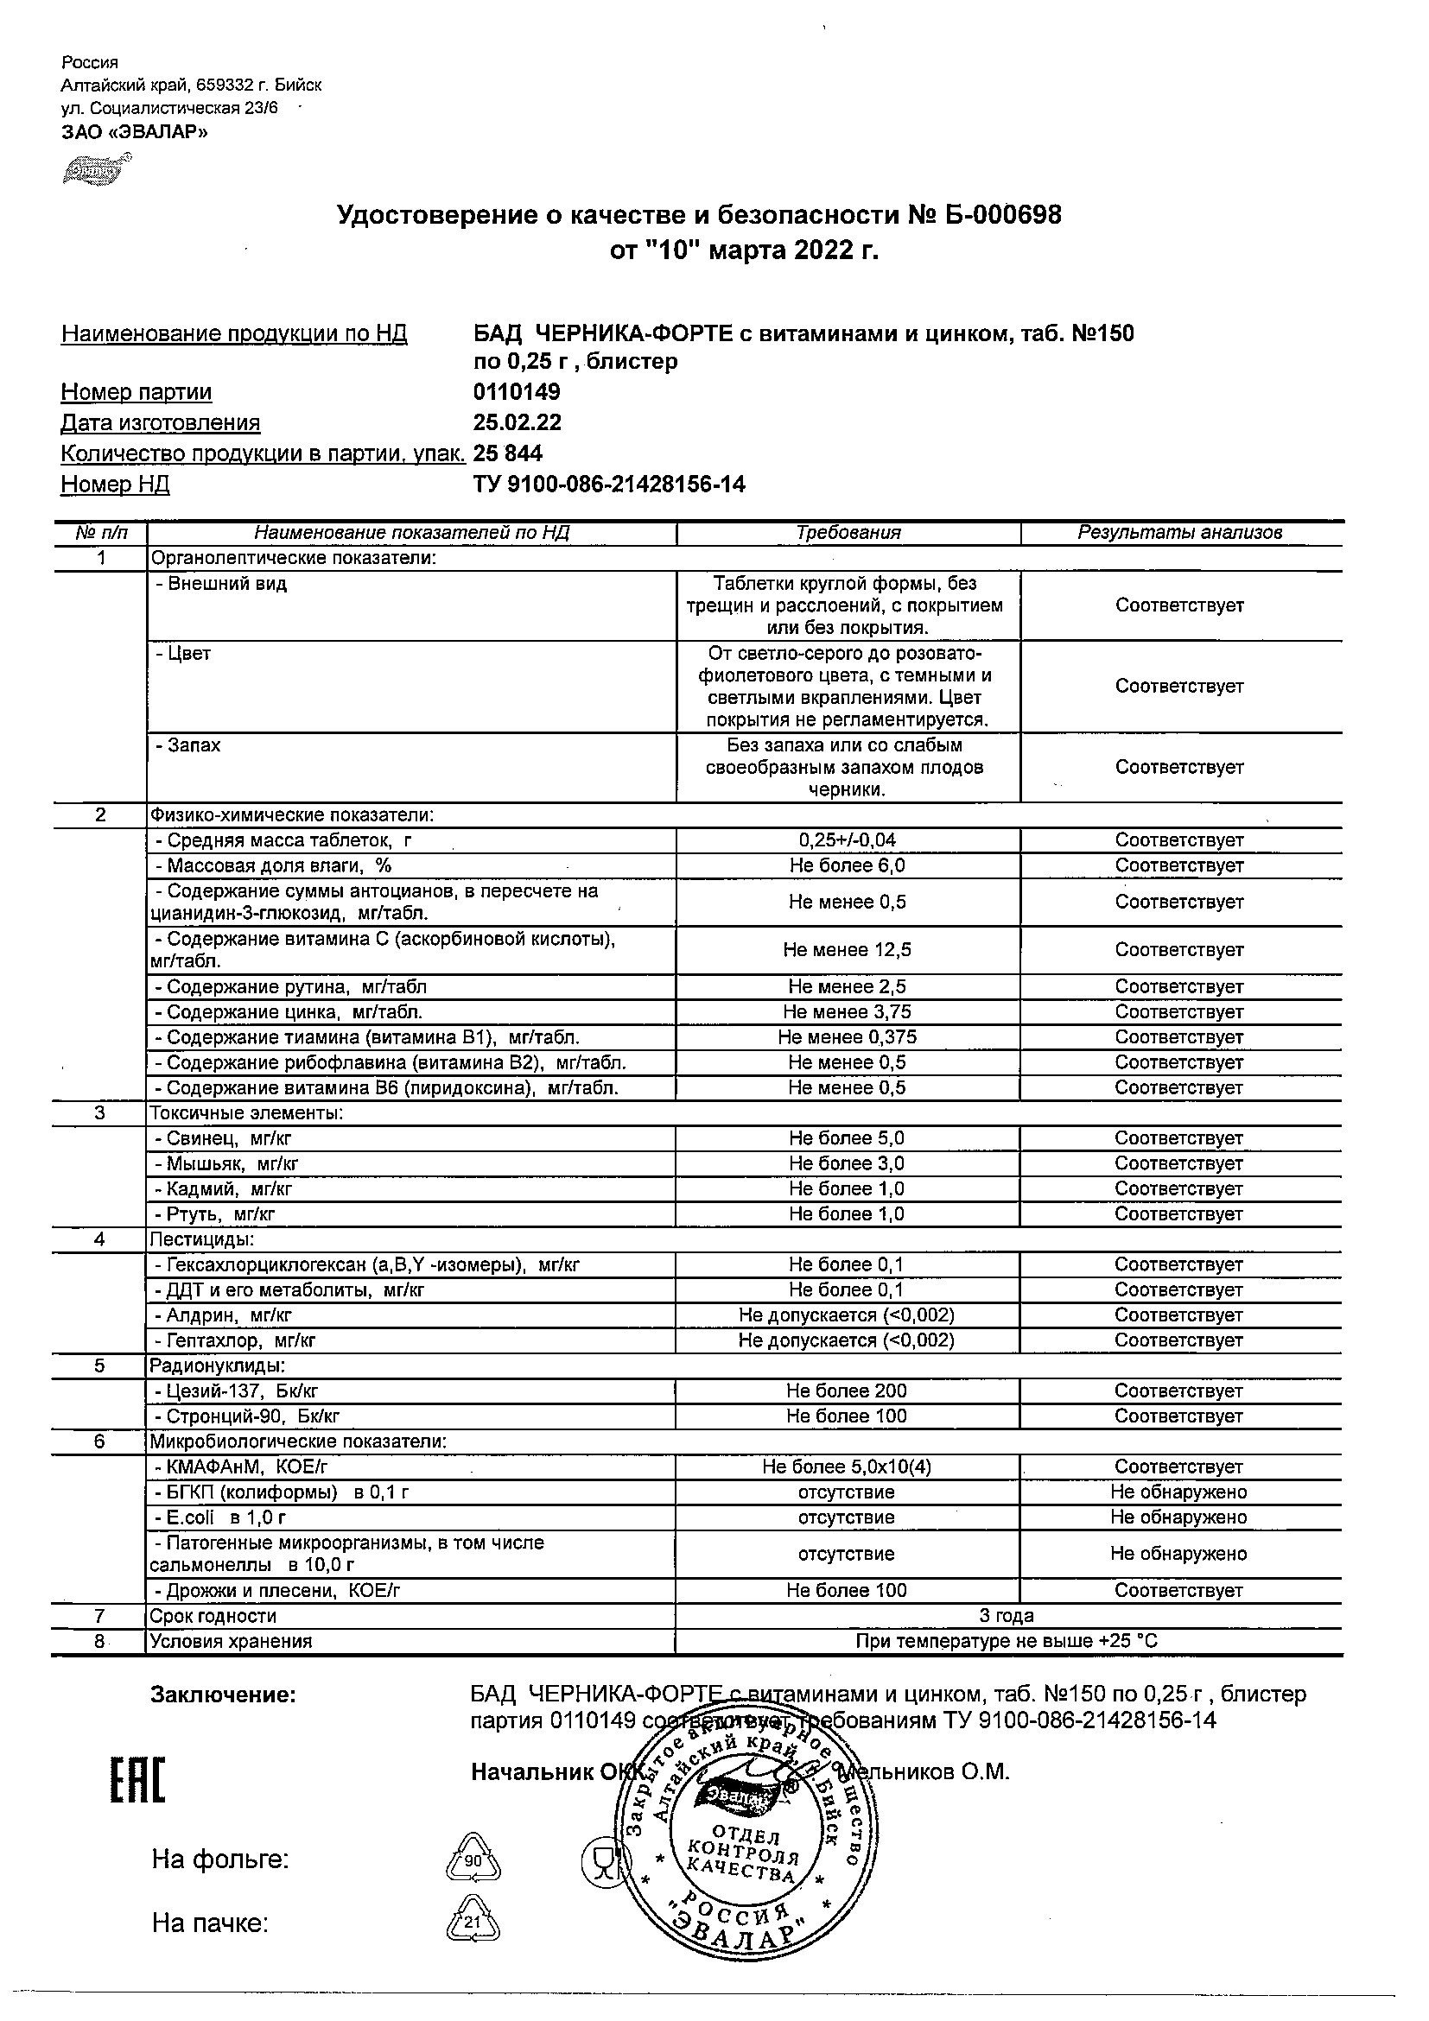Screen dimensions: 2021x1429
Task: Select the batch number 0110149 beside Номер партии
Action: (x=517, y=392)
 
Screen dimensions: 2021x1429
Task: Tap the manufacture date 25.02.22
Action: (x=517, y=422)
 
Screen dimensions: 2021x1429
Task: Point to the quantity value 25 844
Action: (x=508, y=453)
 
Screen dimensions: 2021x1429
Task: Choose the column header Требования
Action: (x=848, y=533)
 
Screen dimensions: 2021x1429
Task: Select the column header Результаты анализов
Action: (x=1179, y=533)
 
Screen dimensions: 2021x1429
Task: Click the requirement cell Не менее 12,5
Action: (x=847, y=950)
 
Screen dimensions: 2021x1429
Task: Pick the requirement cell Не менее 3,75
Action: (x=847, y=1012)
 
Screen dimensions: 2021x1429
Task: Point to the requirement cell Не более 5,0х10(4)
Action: (x=847, y=1467)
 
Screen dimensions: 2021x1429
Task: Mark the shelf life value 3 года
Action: (x=1007, y=1615)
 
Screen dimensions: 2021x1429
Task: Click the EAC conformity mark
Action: (x=137, y=1780)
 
